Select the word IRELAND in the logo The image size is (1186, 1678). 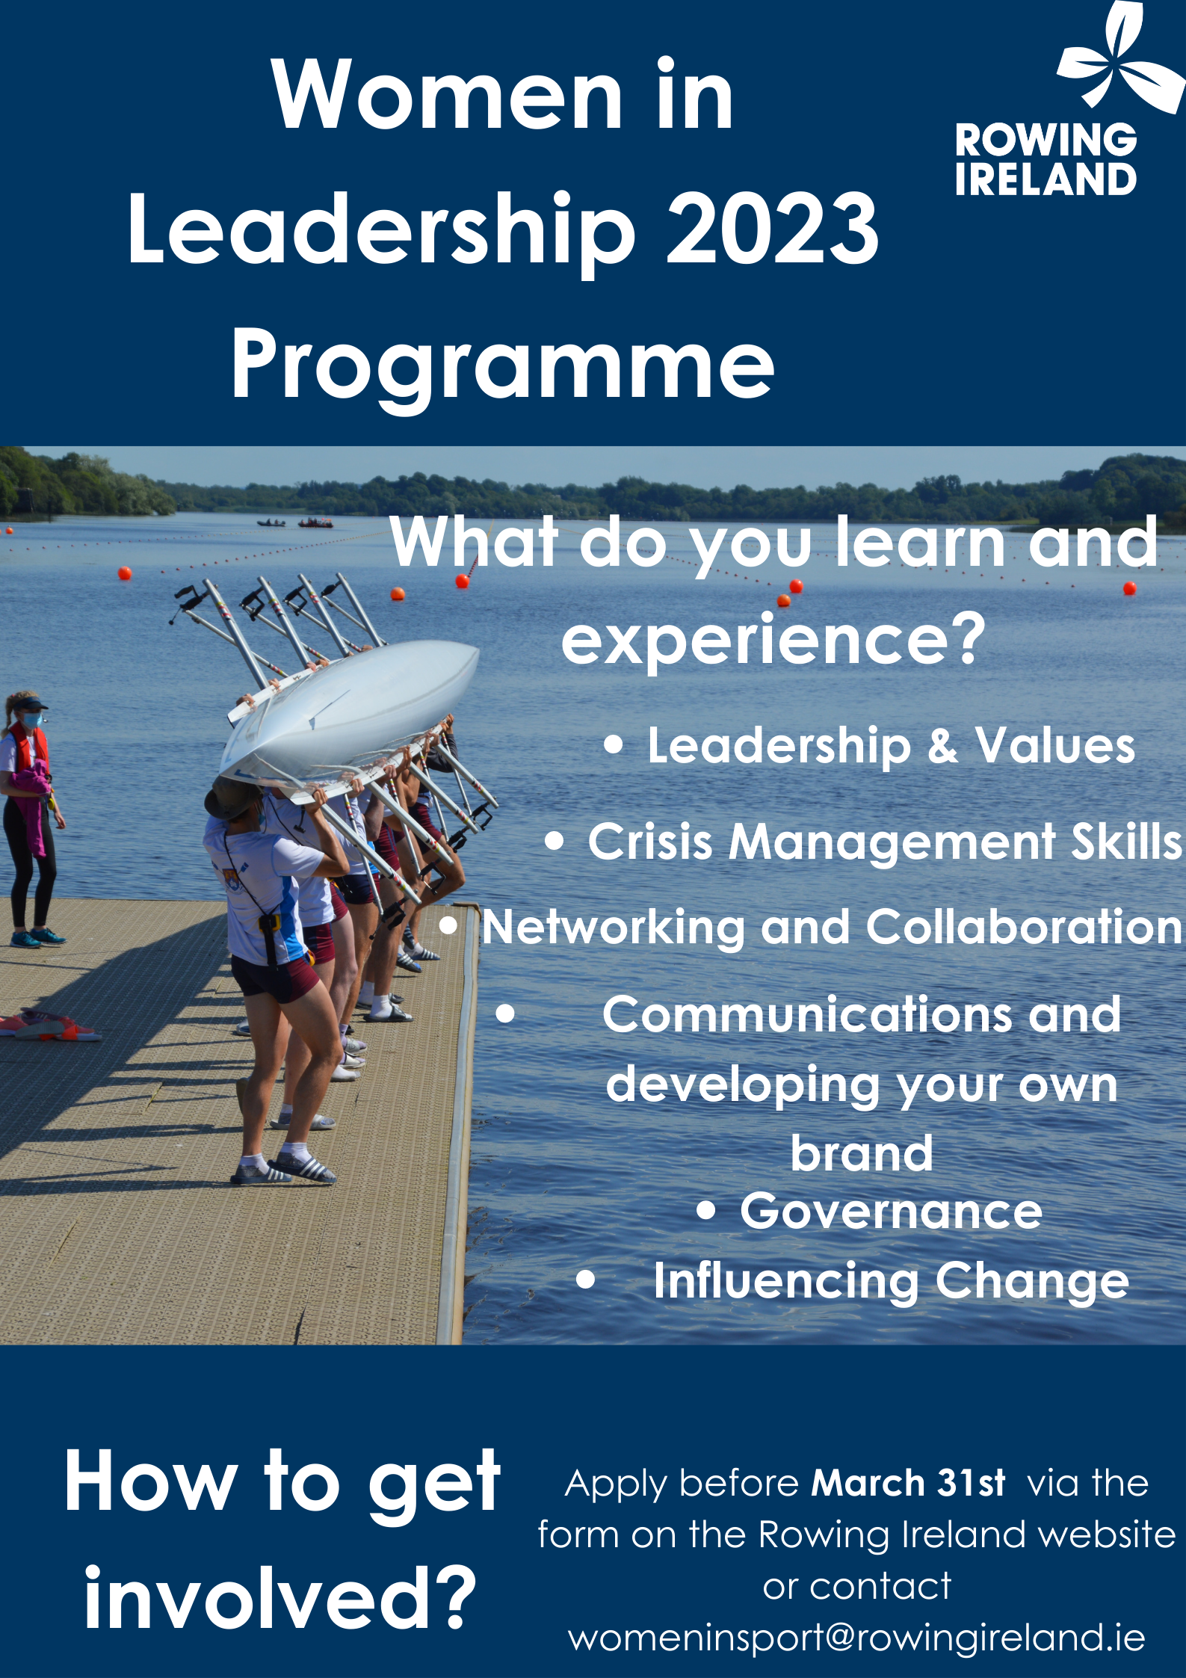click(x=1046, y=179)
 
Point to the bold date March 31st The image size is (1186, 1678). click(x=908, y=1483)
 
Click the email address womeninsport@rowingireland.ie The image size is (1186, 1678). click(x=856, y=1637)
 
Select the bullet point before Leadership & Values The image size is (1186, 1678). click(x=613, y=744)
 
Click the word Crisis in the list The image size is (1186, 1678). click(x=649, y=842)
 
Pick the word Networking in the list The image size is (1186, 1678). click(x=613, y=928)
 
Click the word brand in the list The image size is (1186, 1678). click(x=862, y=1153)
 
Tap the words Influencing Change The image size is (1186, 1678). click(x=891, y=1281)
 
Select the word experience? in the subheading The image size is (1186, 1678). click(x=773, y=640)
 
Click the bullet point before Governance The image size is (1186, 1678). click(x=705, y=1211)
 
